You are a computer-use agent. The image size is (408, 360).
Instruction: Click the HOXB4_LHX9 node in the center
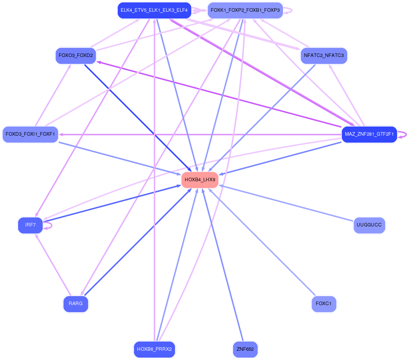(200, 180)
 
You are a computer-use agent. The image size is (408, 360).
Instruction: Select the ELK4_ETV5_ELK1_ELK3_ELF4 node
(154, 10)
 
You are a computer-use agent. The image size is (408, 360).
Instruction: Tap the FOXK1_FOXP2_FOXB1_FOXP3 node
(245, 10)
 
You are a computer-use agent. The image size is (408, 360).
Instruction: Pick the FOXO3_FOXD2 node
(75, 56)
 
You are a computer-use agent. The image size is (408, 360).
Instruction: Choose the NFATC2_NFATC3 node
(324, 56)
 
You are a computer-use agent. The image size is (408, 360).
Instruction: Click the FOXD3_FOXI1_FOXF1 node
(30, 135)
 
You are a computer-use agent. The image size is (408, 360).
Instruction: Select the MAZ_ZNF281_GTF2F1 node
(369, 135)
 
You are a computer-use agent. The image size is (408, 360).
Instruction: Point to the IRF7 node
(30, 225)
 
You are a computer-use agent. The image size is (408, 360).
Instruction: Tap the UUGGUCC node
(369, 225)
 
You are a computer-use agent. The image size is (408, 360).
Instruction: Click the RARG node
(75, 304)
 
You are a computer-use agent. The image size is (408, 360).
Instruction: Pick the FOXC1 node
(324, 304)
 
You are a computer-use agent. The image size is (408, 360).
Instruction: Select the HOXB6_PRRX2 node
(154, 349)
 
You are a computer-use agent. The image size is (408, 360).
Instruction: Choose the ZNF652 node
(245, 349)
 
